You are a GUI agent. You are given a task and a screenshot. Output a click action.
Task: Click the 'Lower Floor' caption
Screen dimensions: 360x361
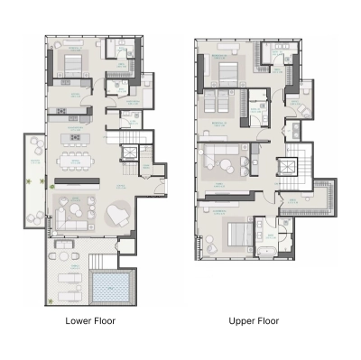tap(90, 320)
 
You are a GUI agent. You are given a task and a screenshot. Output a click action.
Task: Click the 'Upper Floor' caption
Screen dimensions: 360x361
tap(254, 320)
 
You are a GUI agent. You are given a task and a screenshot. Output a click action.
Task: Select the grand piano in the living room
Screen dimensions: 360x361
tap(117, 213)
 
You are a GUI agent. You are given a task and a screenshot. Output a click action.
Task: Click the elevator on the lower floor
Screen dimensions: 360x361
tap(129, 155)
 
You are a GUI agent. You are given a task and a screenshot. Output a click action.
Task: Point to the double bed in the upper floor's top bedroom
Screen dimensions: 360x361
tap(227, 69)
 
